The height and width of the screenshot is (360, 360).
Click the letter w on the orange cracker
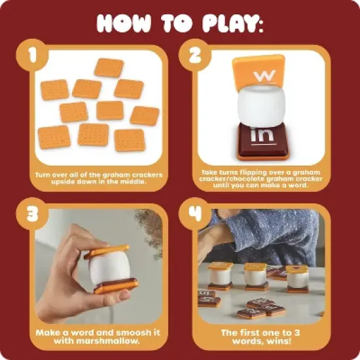(263, 75)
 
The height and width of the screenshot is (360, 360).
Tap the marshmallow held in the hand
(108, 269)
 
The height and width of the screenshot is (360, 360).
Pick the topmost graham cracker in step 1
(109, 67)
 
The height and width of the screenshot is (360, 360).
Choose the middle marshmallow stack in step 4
(255, 276)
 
